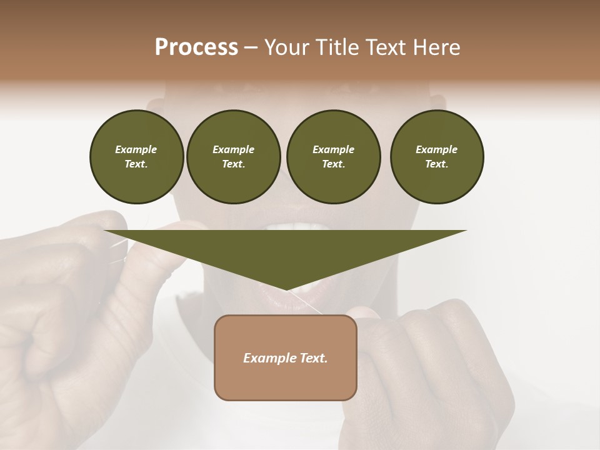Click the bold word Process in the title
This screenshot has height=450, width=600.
point(196,47)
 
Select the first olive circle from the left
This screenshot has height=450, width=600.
point(136,156)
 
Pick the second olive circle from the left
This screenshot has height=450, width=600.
point(233,156)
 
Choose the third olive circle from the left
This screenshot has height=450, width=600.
point(333,156)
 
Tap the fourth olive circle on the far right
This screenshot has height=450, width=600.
point(436,156)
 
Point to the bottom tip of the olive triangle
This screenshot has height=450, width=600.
point(286,289)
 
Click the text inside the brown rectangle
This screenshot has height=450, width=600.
point(286,358)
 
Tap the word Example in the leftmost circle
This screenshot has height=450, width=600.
point(136,149)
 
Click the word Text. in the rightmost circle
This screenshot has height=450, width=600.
point(436,164)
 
